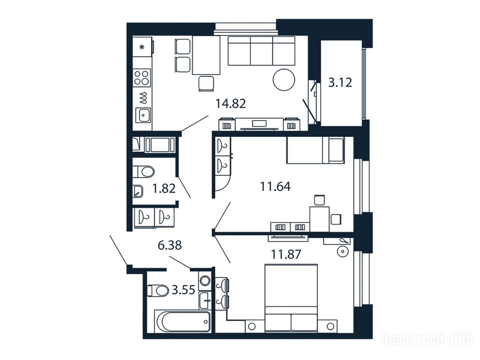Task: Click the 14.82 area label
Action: click(230, 104)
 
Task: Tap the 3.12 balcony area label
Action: click(340, 82)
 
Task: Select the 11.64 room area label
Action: click(275, 186)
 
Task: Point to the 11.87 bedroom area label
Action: click(286, 254)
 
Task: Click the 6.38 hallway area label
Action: click(170, 245)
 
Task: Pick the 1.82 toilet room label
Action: click(164, 188)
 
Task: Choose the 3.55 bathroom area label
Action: click(183, 289)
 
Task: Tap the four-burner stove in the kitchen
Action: click(142, 77)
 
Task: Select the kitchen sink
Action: click(142, 115)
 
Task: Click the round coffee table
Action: click(284, 79)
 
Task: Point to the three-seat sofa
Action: click(262, 51)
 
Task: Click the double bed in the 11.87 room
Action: click(291, 298)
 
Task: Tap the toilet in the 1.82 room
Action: click(144, 171)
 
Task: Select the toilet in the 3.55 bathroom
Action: click(157, 291)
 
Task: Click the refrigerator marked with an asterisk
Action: click(142, 47)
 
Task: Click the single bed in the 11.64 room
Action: click(315, 150)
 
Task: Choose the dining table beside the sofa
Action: click(206, 55)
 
